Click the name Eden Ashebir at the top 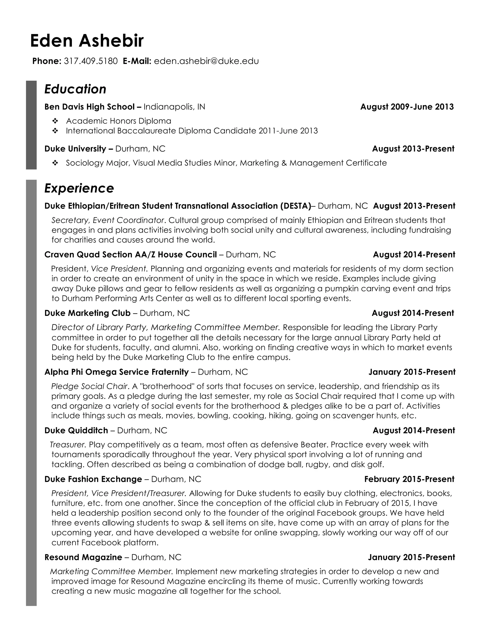click(87, 41)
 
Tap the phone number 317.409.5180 click(90, 61)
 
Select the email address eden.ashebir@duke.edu click(206, 61)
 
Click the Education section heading click(75, 89)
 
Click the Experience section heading click(79, 188)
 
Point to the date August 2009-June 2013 click(407, 107)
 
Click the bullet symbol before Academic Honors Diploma click(55, 121)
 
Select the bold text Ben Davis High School click(89, 107)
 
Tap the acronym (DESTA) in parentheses click(296, 206)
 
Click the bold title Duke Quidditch click(76, 430)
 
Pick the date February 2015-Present click(409, 479)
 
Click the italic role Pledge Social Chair click(89, 387)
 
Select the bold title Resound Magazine click(83, 557)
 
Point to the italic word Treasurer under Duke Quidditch click(67, 444)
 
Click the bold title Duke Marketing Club click(87, 313)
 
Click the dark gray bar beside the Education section click(31, 125)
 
